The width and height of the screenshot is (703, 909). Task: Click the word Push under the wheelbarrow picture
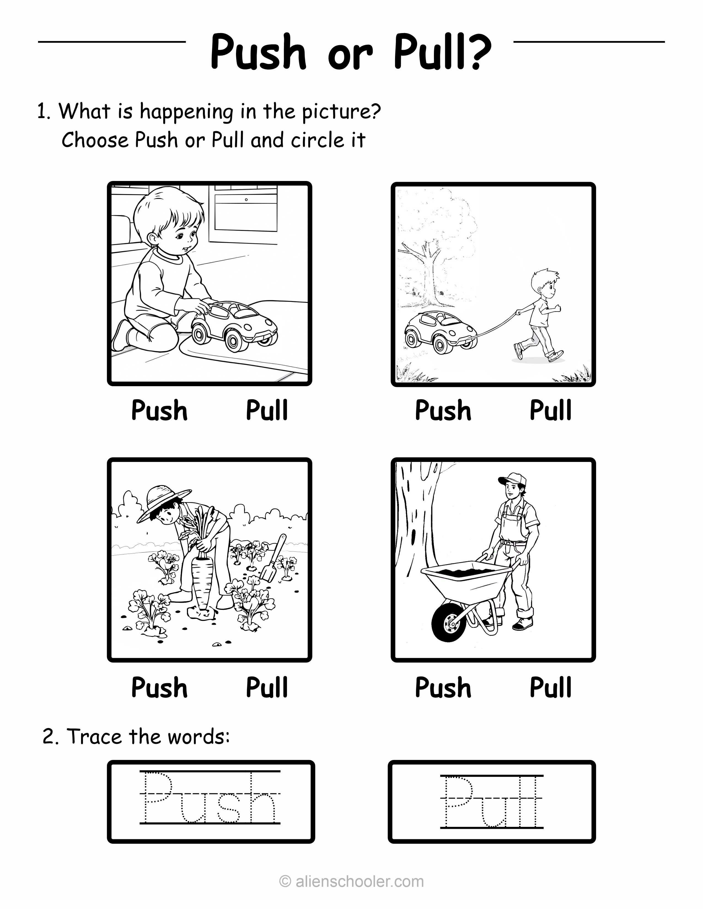tap(443, 688)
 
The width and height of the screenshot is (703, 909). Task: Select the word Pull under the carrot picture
tap(267, 687)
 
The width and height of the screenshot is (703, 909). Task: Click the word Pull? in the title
tap(443, 52)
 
